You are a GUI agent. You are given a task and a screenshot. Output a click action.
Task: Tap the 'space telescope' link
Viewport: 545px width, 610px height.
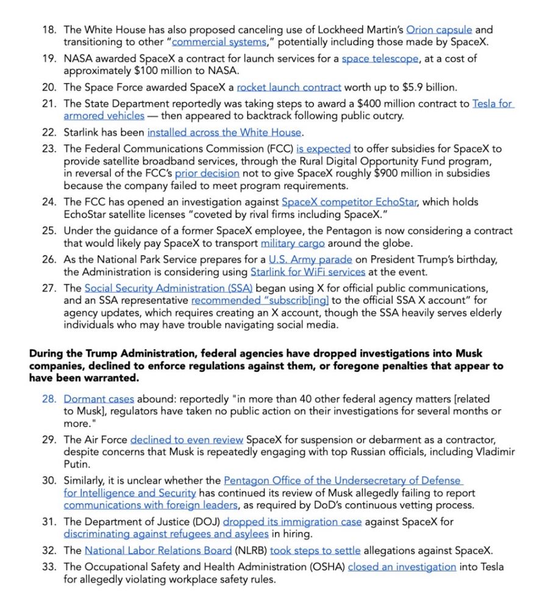click(x=380, y=59)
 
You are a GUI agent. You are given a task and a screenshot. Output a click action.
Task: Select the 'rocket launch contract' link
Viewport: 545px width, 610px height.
click(x=289, y=87)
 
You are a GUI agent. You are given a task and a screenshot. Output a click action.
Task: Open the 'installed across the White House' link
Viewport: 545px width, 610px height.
click(x=224, y=132)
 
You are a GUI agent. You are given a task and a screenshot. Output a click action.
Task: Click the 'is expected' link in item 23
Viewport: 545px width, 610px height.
click(x=323, y=148)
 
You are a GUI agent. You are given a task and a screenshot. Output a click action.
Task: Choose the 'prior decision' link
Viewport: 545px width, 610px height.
click(x=207, y=173)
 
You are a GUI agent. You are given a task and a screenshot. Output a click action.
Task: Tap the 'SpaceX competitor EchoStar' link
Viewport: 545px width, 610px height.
click(x=349, y=202)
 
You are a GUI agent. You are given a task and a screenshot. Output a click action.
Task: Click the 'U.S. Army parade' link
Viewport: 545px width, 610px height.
click(x=301, y=259)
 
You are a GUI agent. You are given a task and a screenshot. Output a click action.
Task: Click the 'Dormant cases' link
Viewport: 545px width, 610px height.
click(x=99, y=399)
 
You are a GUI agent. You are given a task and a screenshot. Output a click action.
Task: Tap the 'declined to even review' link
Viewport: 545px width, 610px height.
click(x=187, y=440)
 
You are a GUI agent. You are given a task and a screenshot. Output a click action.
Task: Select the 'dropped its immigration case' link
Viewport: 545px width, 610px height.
click(x=292, y=522)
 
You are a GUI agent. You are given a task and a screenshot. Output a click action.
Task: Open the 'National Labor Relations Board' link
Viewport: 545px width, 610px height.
click(x=159, y=550)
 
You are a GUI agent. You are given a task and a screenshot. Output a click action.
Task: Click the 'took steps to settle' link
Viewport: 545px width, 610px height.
click(x=315, y=550)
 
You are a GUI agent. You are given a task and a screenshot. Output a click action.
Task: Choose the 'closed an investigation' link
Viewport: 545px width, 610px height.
click(x=402, y=567)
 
